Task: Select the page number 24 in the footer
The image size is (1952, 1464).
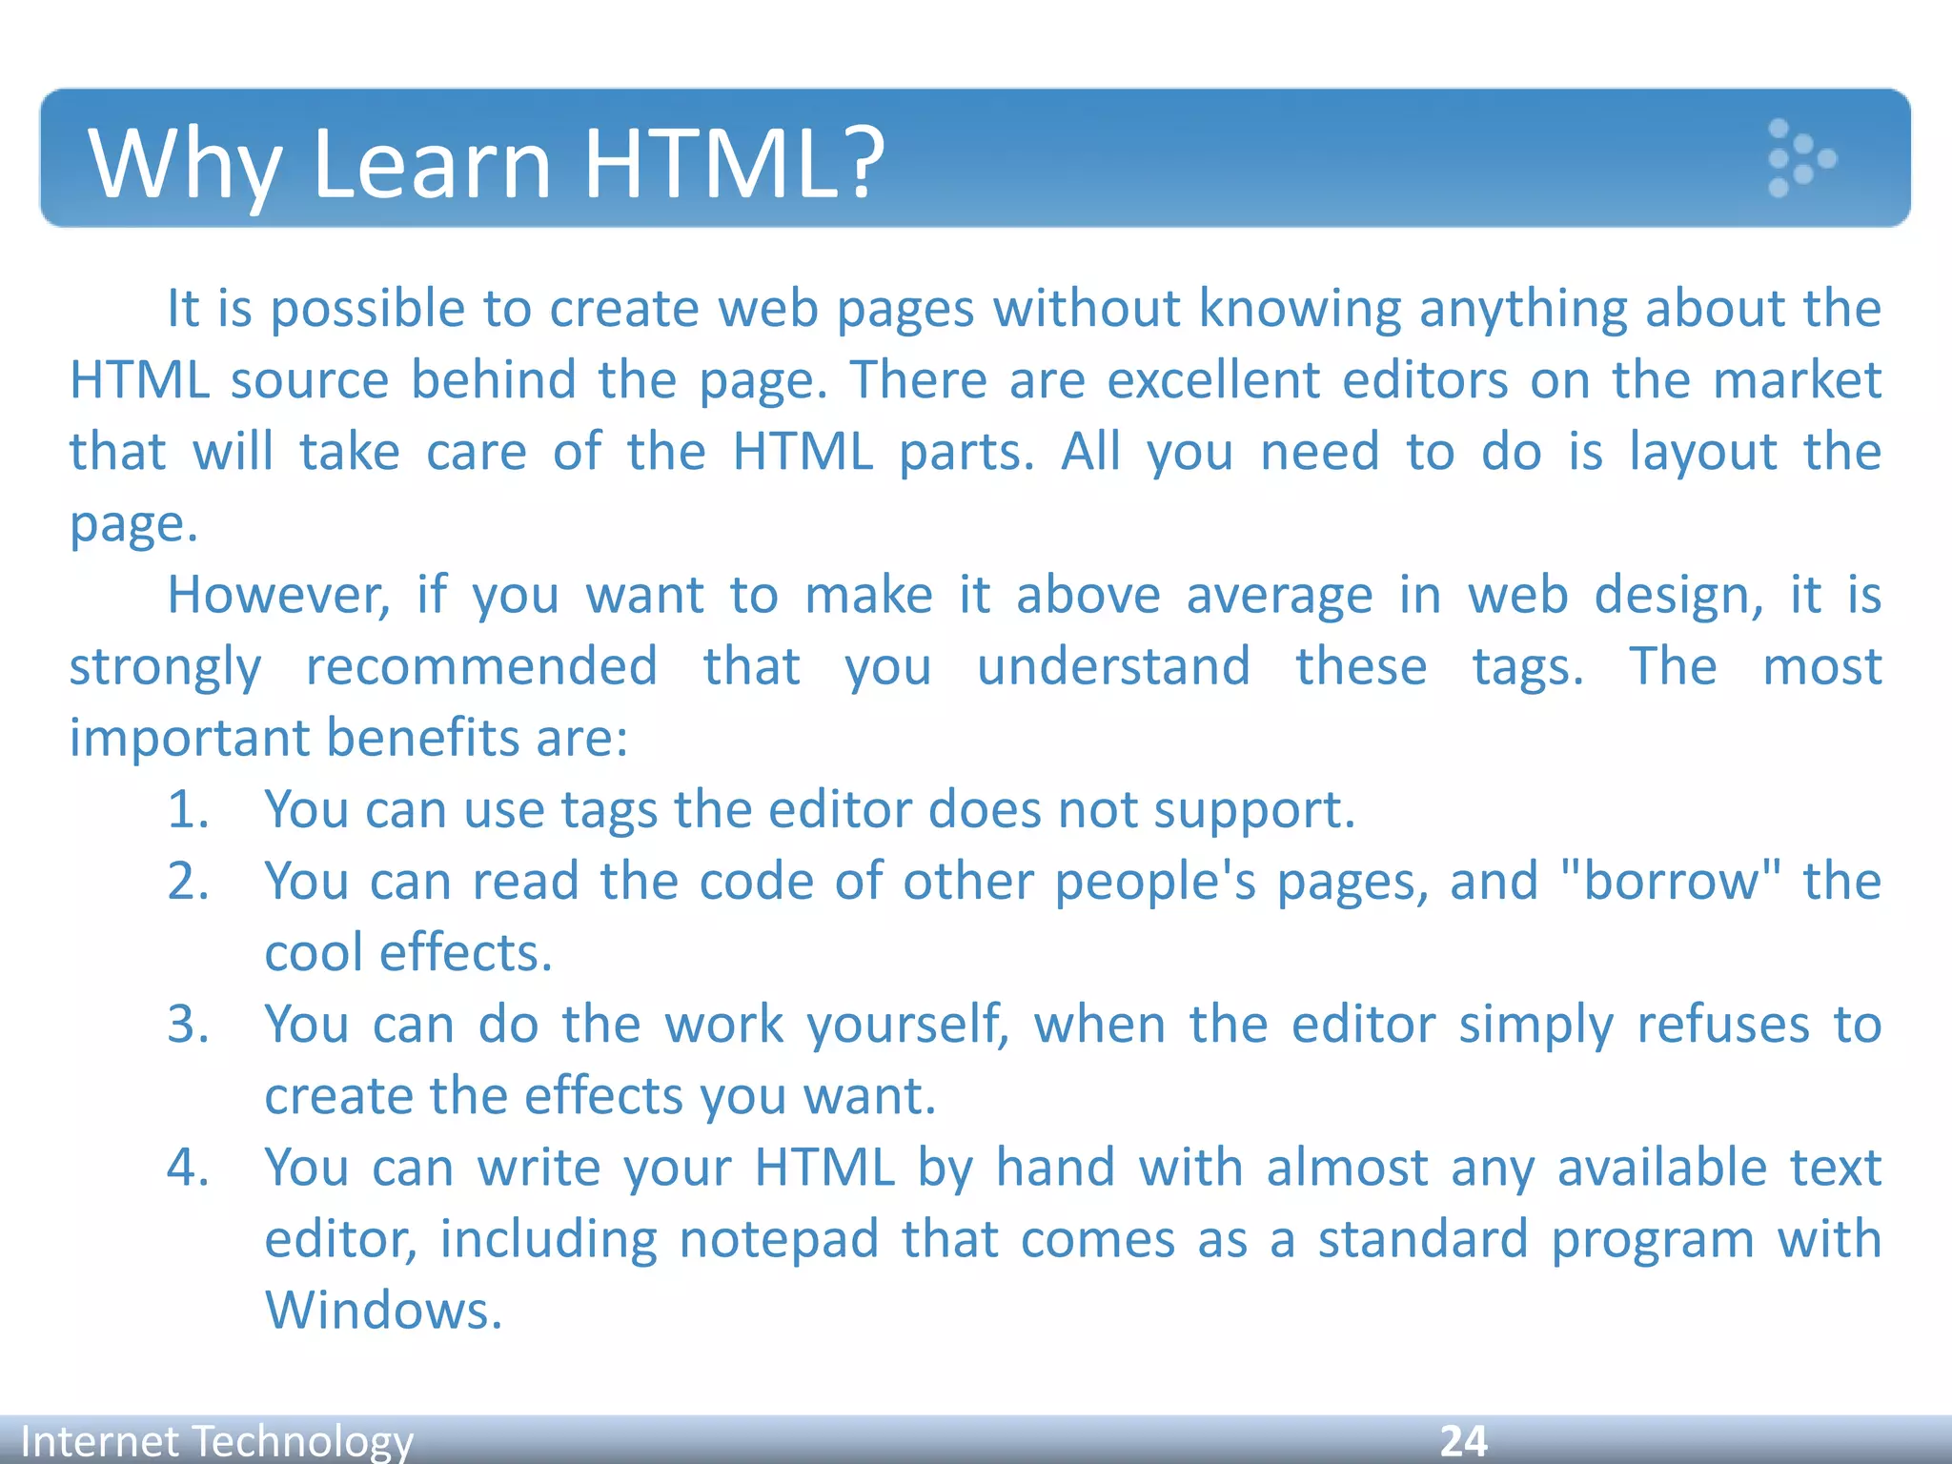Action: point(1463,1440)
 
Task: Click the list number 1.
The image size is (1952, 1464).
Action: point(188,810)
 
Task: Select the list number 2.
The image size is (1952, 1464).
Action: point(188,882)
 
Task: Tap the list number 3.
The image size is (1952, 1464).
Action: point(188,1025)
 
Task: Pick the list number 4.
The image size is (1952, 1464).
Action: point(188,1168)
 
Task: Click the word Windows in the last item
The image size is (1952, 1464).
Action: point(382,1311)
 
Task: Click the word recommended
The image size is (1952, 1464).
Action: point(481,666)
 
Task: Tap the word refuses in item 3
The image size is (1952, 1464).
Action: point(1722,1025)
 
